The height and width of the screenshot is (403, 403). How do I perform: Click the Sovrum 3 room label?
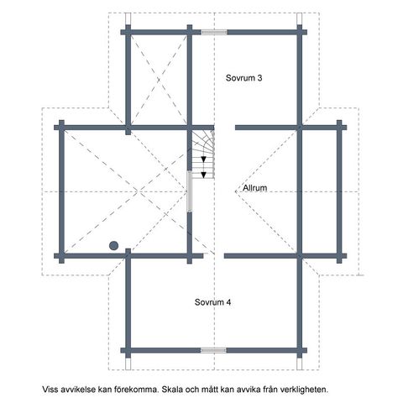[243, 78]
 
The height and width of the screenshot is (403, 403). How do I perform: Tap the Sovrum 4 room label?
[213, 302]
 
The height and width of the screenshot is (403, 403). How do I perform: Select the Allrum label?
[254, 188]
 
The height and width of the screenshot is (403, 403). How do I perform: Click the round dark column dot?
[113, 246]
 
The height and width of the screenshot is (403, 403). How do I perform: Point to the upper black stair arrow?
[204, 160]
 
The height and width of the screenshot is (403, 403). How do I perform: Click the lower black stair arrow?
[204, 175]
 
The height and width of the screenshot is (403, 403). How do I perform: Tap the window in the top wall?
[214, 32]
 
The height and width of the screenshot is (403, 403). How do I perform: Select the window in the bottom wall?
[213, 350]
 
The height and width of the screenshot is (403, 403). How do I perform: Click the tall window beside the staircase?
[190, 191]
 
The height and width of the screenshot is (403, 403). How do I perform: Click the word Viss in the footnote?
[50, 390]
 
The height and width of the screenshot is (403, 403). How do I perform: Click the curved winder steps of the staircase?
[203, 140]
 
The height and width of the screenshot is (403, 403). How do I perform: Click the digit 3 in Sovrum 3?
[259, 78]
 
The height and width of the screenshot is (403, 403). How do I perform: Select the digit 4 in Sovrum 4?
[228, 302]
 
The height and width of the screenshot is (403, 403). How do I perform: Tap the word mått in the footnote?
[209, 390]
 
